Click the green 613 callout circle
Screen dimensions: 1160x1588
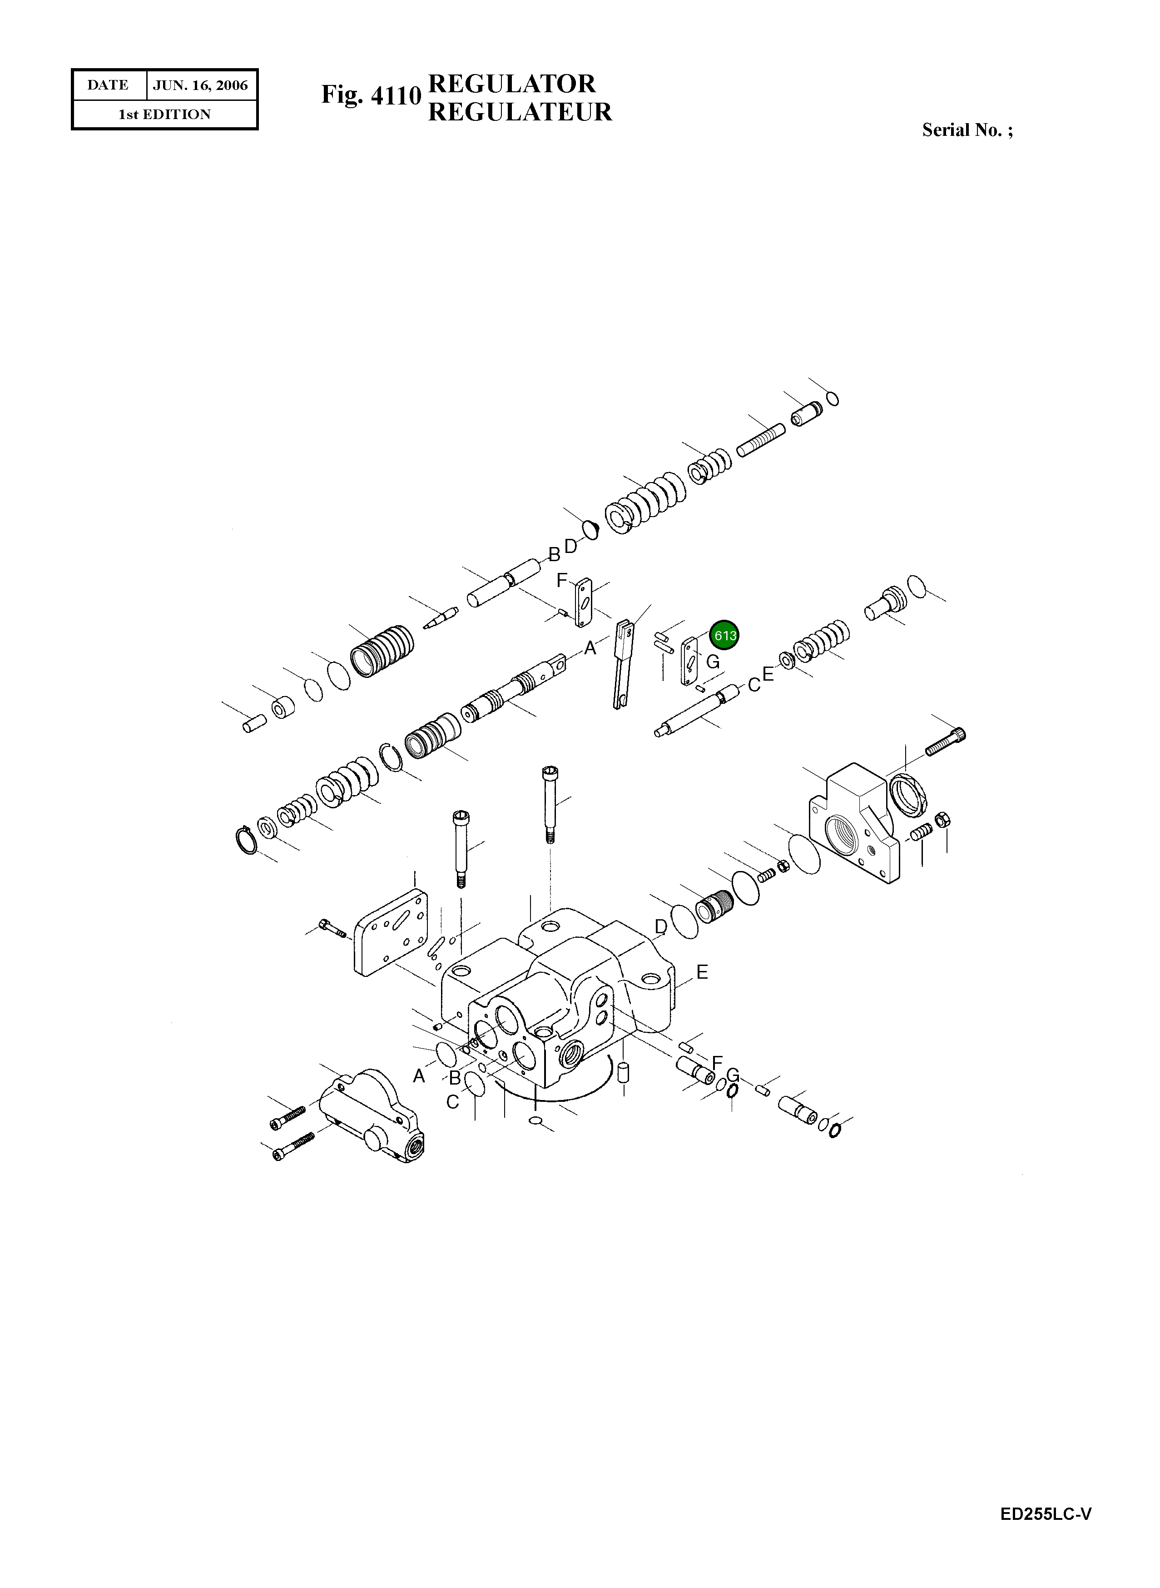724,636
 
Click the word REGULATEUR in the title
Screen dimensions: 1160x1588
520,112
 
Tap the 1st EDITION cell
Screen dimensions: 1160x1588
164,114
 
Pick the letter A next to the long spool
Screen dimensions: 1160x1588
590,648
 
